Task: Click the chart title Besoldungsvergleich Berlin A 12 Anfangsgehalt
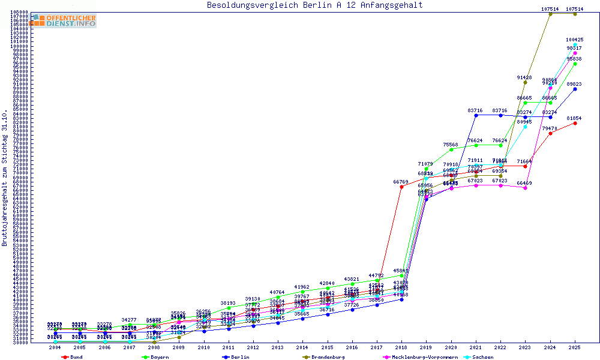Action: [314, 5]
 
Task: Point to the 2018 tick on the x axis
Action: [401, 347]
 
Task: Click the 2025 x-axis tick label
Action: [575, 347]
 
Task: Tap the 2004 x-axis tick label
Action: [55, 347]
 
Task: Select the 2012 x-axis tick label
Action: [253, 347]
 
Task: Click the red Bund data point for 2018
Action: [401, 187]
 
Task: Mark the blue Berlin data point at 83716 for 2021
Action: [476, 115]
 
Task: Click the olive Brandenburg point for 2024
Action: [550, 14]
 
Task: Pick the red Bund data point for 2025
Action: [575, 123]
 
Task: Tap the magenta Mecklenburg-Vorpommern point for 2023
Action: [526, 188]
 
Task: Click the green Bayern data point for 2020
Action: [451, 149]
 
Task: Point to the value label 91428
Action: [524, 77]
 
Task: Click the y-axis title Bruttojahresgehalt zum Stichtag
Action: [5, 178]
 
